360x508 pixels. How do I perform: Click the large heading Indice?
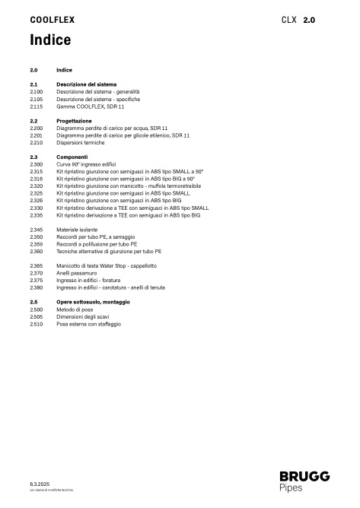coord(51,40)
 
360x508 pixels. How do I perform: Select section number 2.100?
coord(36,91)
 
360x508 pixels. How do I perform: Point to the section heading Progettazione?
coord(74,121)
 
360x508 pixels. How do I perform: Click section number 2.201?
coord(36,135)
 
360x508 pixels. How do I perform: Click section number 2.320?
coord(36,186)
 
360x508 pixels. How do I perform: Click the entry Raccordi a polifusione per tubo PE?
coord(97,243)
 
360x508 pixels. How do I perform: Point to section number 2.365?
coord(36,265)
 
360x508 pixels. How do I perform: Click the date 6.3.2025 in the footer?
coord(39,484)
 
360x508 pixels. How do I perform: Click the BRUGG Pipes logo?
coord(304,481)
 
